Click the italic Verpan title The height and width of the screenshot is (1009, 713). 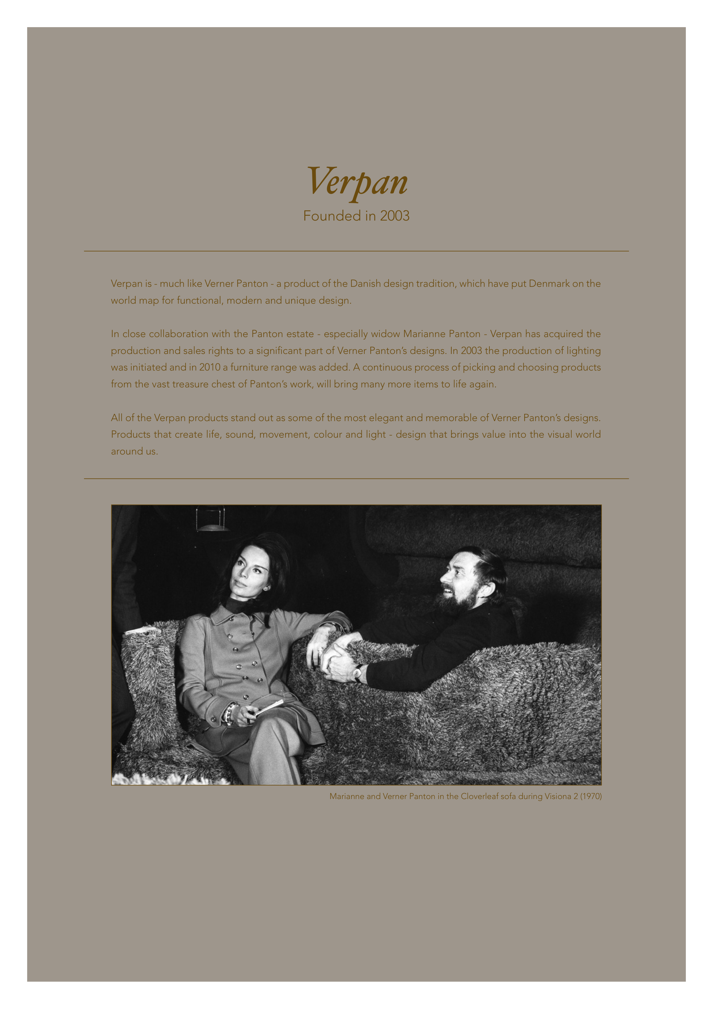pyautogui.click(x=357, y=181)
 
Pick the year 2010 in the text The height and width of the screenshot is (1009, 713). pyautogui.click(x=210, y=367)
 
